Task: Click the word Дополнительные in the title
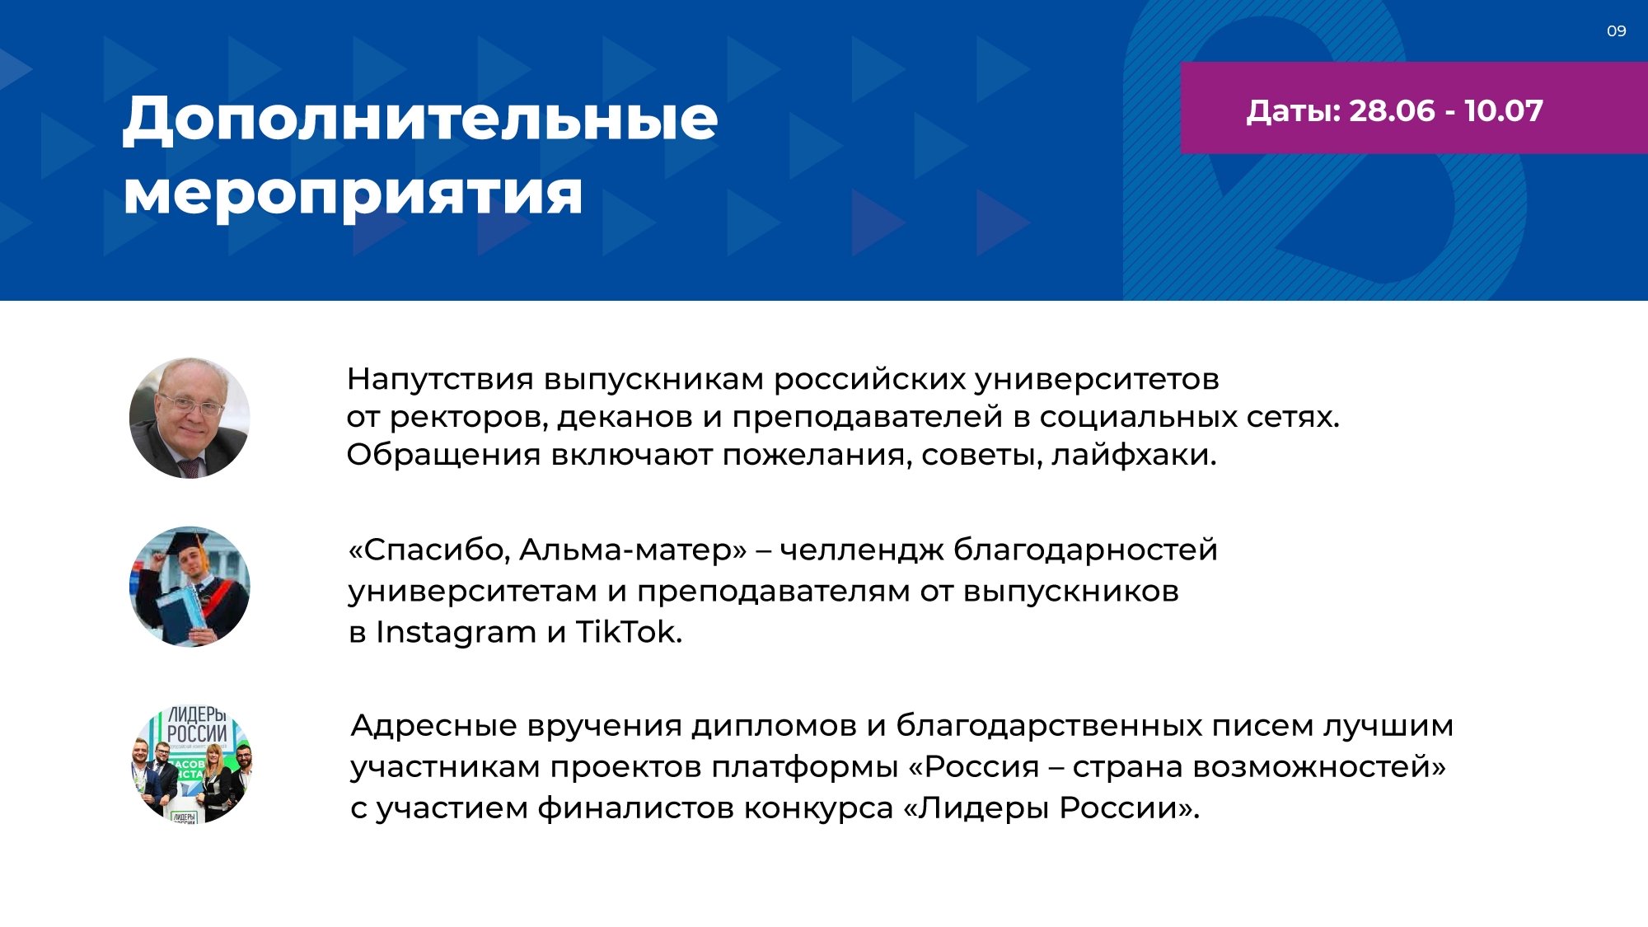pyautogui.click(x=420, y=120)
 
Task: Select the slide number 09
pyautogui.click(x=1616, y=31)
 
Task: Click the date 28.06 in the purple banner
pyautogui.click(x=1392, y=111)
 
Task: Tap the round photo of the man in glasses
pyautogui.click(x=190, y=418)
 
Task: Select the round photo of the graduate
pyautogui.click(x=190, y=587)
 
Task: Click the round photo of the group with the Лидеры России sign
pyautogui.click(x=192, y=763)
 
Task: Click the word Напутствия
pyautogui.click(x=440, y=380)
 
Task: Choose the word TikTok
pyautogui.click(x=629, y=632)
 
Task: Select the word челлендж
pyautogui.click(x=861, y=550)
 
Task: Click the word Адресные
pyautogui.click(x=434, y=726)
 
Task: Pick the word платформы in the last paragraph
pyautogui.click(x=805, y=768)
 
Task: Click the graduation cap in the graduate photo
pyautogui.click(x=190, y=543)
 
